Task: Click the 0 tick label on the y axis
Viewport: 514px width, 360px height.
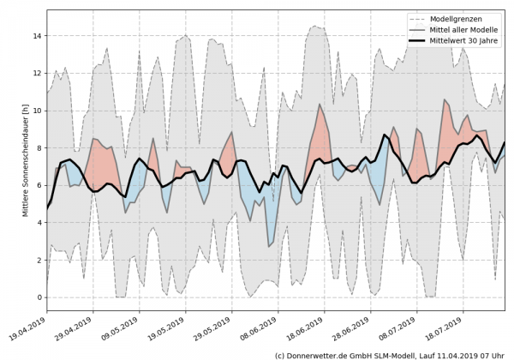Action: click(39, 297)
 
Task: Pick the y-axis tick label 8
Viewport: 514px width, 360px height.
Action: click(39, 148)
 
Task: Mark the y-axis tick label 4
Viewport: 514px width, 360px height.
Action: click(39, 223)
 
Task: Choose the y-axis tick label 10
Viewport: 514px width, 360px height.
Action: click(36, 111)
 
